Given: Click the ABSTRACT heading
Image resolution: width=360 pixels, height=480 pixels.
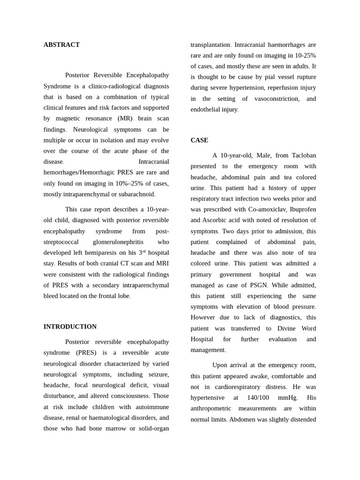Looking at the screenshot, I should [x=61, y=45].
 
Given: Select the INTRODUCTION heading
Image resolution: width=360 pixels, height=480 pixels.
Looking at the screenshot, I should [x=70, y=327].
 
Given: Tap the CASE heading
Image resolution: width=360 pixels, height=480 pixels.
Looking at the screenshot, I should [x=199, y=140].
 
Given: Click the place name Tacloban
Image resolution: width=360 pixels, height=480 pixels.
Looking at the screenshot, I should [x=304, y=156].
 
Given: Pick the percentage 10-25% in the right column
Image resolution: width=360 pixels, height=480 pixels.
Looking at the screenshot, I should [x=305, y=56].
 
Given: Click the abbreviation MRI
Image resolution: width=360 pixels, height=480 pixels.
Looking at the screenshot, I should [x=160, y=263].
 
